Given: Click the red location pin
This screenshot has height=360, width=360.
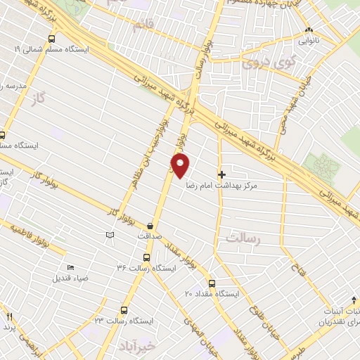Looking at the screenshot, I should pyautogui.click(x=181, y=166).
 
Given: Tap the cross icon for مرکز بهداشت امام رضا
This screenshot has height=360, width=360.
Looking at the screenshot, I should pyautogui.click(x=222, y=174).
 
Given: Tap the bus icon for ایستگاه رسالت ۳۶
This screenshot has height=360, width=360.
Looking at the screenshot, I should pyautogui.click(x=146, y=257).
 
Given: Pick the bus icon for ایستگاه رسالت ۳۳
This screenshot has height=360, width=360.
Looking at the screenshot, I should pyautogui.click(x=124, y=309).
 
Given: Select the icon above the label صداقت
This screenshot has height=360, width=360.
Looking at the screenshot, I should pyautogui.click(x=150, y=226).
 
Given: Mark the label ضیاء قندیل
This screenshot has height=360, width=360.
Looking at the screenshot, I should pyautogui.click(x=71, y=278).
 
